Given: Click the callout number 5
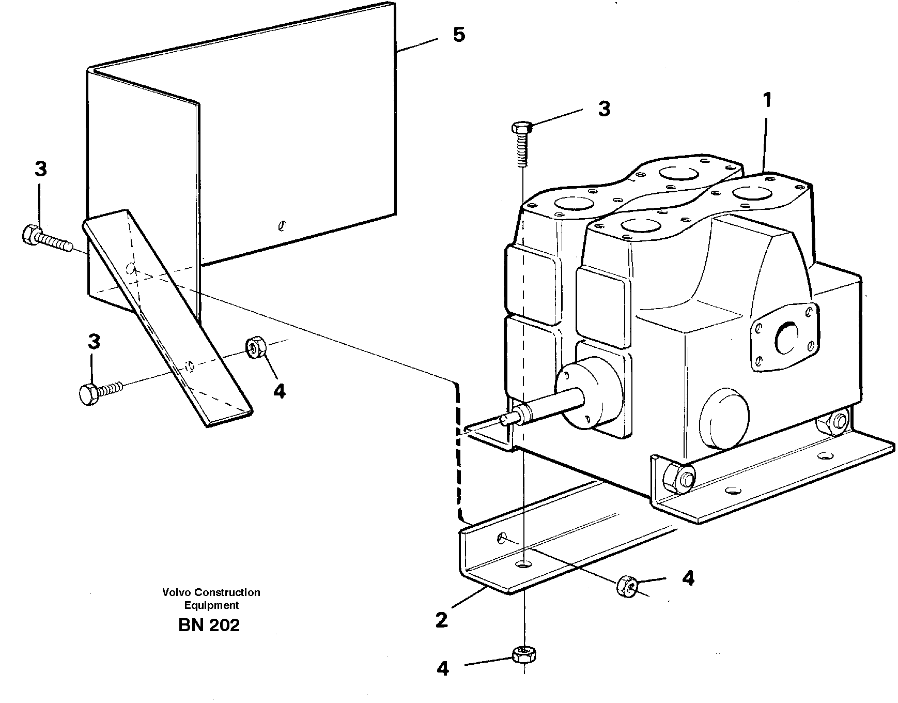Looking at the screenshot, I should tap(459, 35).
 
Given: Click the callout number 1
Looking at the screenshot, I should tap(767, 100).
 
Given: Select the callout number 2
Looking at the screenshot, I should tap(441, 620).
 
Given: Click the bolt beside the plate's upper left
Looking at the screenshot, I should tap(45, 239).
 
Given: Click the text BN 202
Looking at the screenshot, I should tap(209, 625).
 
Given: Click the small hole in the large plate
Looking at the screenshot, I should tap(282, 225).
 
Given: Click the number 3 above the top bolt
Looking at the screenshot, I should tap(603, 109).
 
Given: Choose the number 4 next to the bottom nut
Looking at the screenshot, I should tap(443, 668).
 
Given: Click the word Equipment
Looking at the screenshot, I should tap(211, 605).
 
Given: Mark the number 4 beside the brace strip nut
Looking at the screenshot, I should tap(279, 391).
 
